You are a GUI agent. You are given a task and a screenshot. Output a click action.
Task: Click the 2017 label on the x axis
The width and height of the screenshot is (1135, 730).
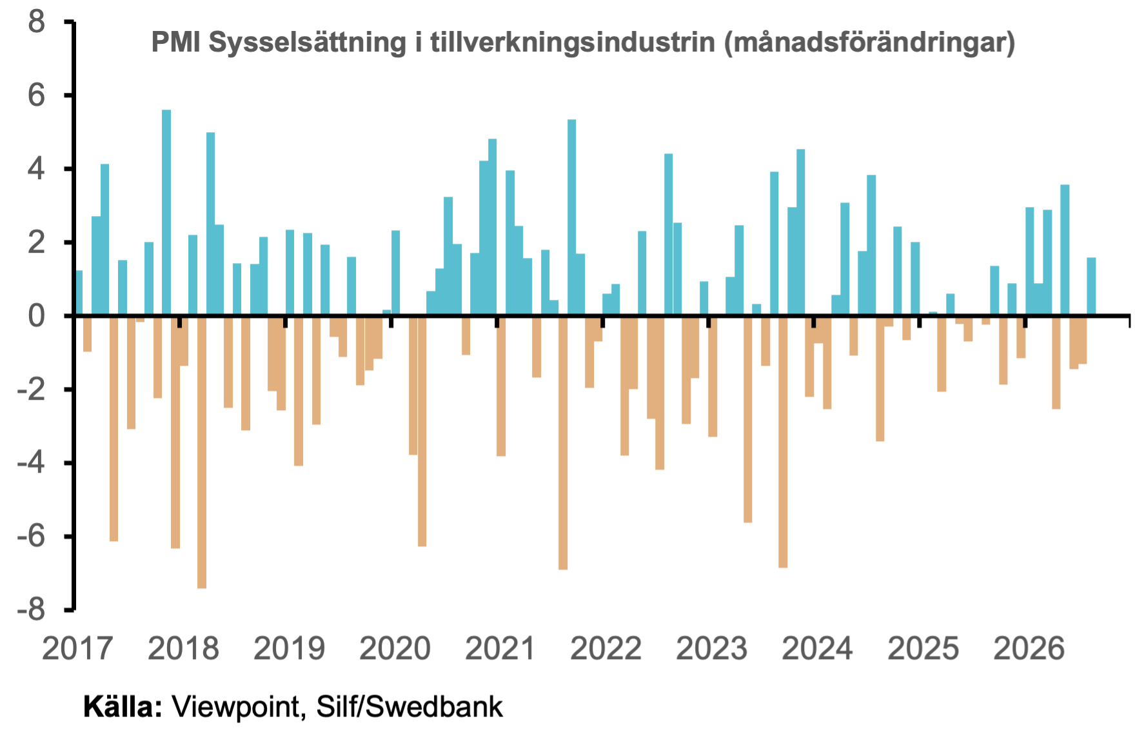tap(77, 649)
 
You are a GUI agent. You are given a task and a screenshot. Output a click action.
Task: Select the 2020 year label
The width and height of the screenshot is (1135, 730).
tap(395, 649)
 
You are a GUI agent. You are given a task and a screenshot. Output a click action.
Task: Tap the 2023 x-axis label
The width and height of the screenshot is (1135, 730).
tap(711, 649)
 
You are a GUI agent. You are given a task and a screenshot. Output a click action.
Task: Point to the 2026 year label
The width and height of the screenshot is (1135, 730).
tap(1029, 649)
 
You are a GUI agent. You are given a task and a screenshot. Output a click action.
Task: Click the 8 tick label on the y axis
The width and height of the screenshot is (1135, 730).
tap(37, 22)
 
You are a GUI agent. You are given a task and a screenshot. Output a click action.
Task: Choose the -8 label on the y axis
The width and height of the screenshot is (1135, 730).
tap(32, 609)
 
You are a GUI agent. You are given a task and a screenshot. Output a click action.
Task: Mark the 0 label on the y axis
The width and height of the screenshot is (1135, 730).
tap(37, 316)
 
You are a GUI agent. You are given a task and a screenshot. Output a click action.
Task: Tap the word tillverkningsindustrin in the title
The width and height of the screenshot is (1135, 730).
tap(573, 43)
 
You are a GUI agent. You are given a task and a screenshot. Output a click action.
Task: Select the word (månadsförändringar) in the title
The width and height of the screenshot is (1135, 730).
tap(869, 43)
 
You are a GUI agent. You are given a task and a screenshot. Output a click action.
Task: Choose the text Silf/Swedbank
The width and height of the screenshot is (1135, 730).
tap(410, 706)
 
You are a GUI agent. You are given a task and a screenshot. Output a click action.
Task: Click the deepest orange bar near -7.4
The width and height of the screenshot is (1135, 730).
tap(202, 452)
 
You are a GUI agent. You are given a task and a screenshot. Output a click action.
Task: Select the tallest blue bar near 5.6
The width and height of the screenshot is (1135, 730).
tap(166, 213)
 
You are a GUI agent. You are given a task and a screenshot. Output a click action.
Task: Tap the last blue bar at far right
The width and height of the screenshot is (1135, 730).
tap(1091, 287)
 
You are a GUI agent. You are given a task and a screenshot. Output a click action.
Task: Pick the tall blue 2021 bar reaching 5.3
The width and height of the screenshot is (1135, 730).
tap(571, 218)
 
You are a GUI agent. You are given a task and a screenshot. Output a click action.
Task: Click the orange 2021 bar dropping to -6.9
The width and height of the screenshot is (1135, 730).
tap(563, 443)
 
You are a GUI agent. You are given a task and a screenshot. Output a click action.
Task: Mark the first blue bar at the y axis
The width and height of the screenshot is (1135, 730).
tap(79, 293)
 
